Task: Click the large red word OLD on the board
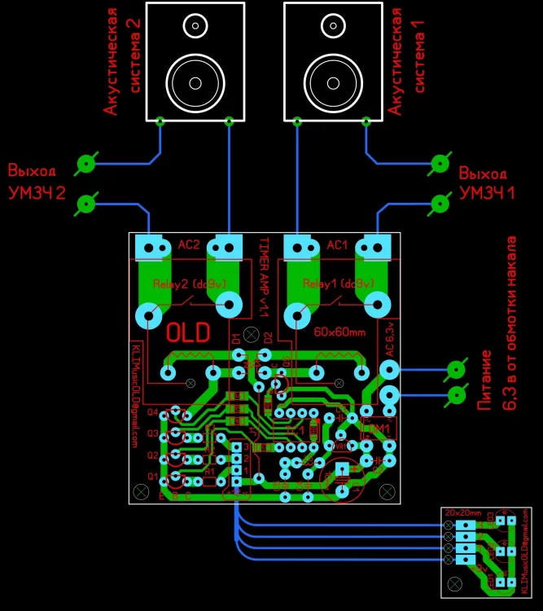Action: point(188,332)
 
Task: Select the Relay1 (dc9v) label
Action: point(339,284)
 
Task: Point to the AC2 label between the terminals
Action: point(189,244)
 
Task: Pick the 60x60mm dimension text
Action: point(339,332)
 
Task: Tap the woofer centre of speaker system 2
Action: point(195,82)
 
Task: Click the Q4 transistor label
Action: point(152,412)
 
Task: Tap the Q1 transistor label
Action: point(152,476)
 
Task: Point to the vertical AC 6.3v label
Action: point(390,342)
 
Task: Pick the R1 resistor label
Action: point(209,471)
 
